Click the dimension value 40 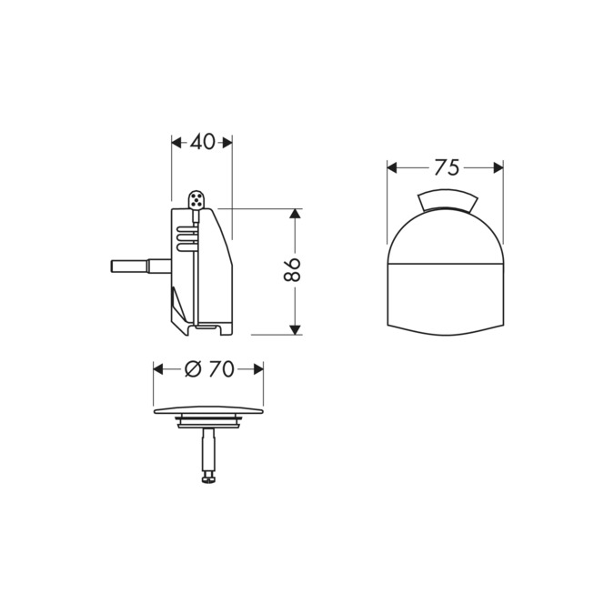tap(203, 142)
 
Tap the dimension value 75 tap(446, 167)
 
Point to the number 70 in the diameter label tap(222, 368)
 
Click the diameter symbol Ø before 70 tap(193, 368)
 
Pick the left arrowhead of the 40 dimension tap(176, 142)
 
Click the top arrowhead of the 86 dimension tap(294, 214)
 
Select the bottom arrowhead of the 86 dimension tap(294, 328)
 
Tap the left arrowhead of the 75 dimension tap(393, 167)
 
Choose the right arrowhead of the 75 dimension tap(498, 167)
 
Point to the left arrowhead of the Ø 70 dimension tap(158, 368)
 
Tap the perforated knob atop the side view tap(196, 199)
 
